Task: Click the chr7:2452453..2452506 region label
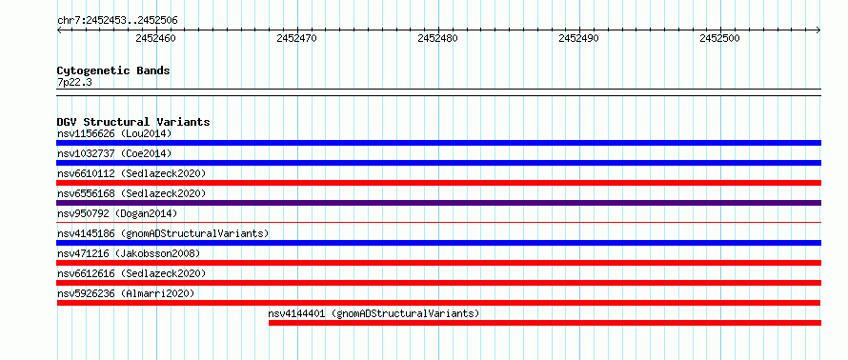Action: (117, 21)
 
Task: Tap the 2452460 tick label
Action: (155, 38)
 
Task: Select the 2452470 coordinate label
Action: (296, 38)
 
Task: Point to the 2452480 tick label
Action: (437, 38)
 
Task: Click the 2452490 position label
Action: (578, 38)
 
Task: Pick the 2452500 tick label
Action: (719, 38)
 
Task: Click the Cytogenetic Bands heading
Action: (113, 70)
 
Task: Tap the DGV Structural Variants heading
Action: (133, 122)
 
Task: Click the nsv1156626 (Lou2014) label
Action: (114, 133)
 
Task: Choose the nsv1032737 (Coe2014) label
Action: (114, 153)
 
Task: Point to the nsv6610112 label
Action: (86, 173)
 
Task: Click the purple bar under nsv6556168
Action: (438, 203)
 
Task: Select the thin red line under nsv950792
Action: (438, 222)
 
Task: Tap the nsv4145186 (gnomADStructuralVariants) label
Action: (163, 233)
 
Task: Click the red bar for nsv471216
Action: (438, 263)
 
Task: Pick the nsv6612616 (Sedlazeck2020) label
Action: (131, 273)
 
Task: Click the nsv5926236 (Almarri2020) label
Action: (126, 293)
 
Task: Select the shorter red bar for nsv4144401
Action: (545, 323)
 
